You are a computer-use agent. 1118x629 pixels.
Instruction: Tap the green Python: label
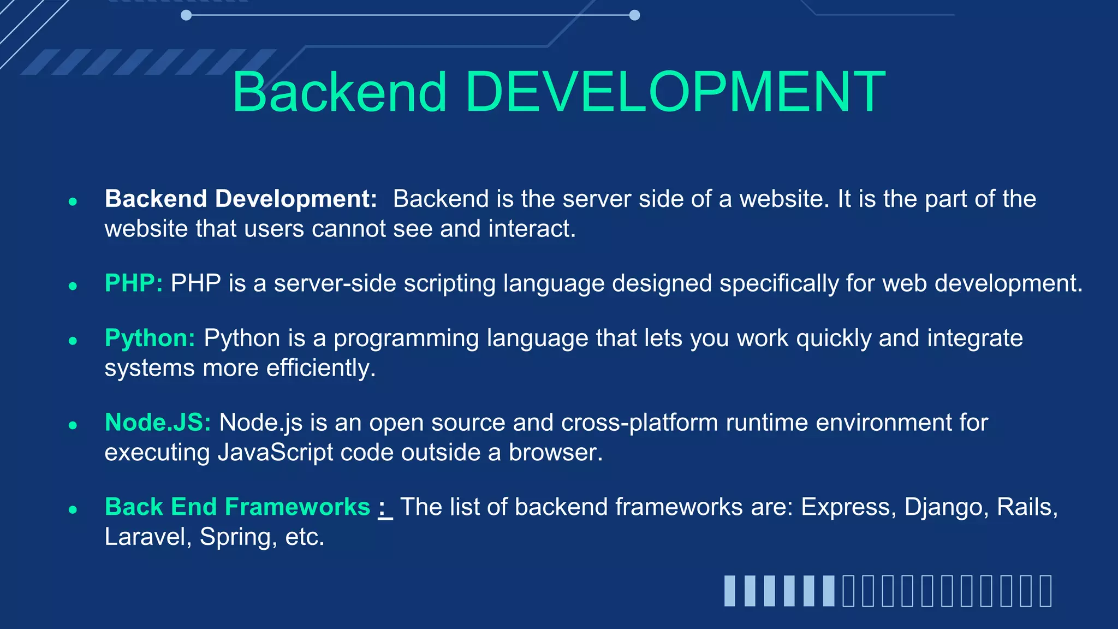tap(150, 339)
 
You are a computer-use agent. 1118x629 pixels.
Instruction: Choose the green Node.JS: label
tap(158, 423)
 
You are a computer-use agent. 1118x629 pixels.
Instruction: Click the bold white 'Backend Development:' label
tap(241, 199)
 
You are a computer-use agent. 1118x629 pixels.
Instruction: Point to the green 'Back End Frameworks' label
tap(237, 507)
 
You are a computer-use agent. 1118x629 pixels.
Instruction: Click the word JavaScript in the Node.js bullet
tap(275, 453)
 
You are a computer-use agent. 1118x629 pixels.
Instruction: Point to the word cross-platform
tap(639, 423)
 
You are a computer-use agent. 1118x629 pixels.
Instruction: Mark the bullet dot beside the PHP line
tap(73, 286)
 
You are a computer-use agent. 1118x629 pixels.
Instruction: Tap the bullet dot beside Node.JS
tap(73, 425)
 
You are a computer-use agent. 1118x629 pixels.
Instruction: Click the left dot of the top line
tap(186, 15)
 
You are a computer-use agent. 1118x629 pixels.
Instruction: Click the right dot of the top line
tap(634, 15)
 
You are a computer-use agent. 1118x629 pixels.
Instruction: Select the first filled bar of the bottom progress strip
tap(730, 591)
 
